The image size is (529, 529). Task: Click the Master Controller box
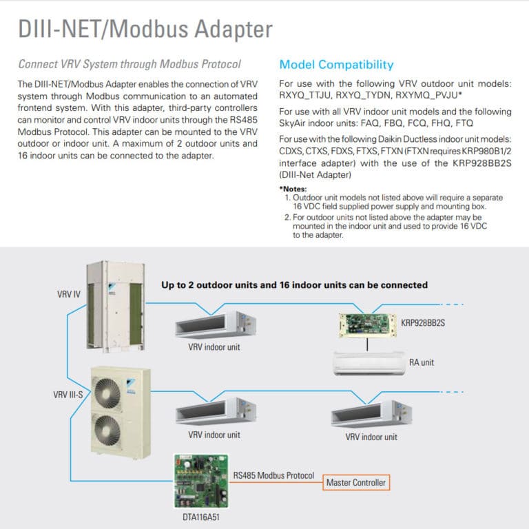click(x=356, y=483)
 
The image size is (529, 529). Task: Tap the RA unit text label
click(x=422, y=362)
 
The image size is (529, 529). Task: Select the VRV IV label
click(x=68, y=294)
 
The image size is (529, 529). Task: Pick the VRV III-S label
click(x=70, y=395)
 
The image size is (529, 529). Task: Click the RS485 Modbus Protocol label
click(x=273, y=475)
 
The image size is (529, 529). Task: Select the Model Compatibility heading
click(x=336, y=65)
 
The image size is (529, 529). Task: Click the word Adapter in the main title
click(x=227, y=30)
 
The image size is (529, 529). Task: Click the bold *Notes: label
click(x=293, y=189)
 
